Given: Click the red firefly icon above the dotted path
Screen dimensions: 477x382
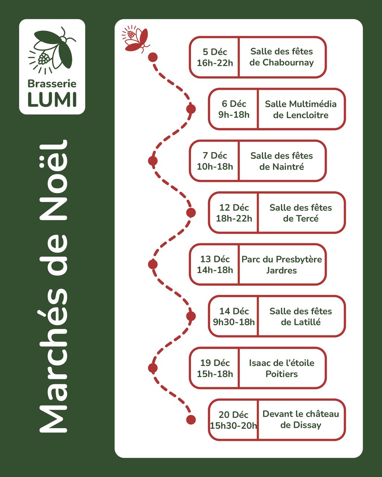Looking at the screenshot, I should (x=135, y=38).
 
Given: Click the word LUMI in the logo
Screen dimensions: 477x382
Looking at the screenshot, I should (x=52, y=99).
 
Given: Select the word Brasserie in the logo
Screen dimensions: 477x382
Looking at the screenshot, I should (x=52, y=84).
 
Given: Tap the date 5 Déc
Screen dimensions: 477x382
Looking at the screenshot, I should (x=215, y=52).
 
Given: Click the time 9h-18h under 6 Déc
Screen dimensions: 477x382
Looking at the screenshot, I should (x=234, y=115).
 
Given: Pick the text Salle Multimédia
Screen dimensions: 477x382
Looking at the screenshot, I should (x=301, y=104).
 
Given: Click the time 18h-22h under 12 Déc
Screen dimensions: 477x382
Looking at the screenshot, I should (x=234, y=218).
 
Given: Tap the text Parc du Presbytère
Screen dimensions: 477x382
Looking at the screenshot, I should (x=282, y=259).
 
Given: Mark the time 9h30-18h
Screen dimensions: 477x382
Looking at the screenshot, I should (x=234, y=322).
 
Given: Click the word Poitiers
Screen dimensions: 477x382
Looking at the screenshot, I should (x=282, y=374).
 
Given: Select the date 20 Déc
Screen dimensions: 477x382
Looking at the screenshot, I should (x=234, y=415).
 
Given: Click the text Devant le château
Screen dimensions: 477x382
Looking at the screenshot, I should (x=301, y=414).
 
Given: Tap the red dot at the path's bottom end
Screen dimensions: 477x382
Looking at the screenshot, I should (x=191, y=420).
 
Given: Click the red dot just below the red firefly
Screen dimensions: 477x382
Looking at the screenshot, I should (x=153, y=57).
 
